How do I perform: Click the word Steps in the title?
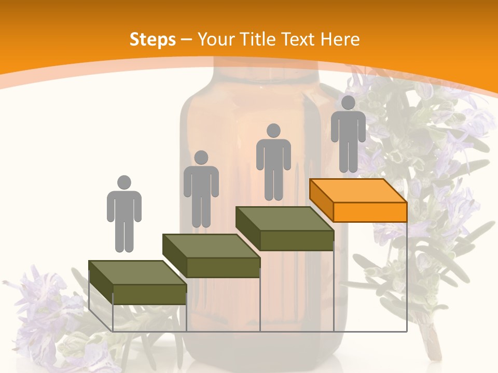pyautogui.click(x=153, y=39)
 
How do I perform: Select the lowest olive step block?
pyautogui.click(x=137, y=282)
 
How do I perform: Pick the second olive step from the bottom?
pyautogui.click(x=211, y=255)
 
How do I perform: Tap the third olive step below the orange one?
pyautogui.click(x=284, y=228)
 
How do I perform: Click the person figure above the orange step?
pyautogui.click(x=348, y=135)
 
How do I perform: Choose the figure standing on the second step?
pyautogui.click(x=201, y=189)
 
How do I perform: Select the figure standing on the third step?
pyautogui.click(x=273, y=162)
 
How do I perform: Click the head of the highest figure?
pyautogui.click(x=348, y=103)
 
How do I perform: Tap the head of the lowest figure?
pyautogui.click(x=124, y=182)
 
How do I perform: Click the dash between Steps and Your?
pyautogui.click(x=187, y=40)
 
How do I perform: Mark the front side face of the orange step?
pyautogui.click(x=370, y=212)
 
